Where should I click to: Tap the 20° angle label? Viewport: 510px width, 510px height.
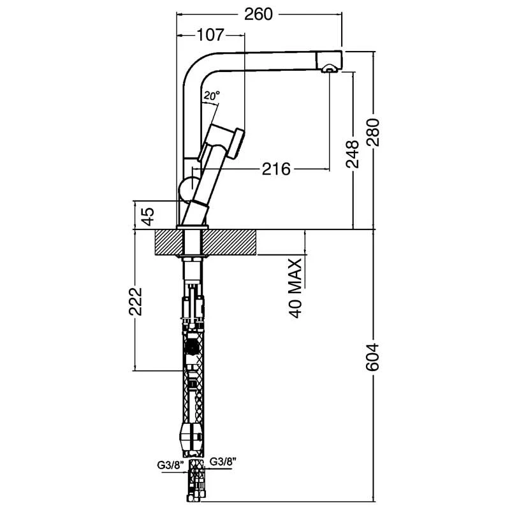tap(212, 96)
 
